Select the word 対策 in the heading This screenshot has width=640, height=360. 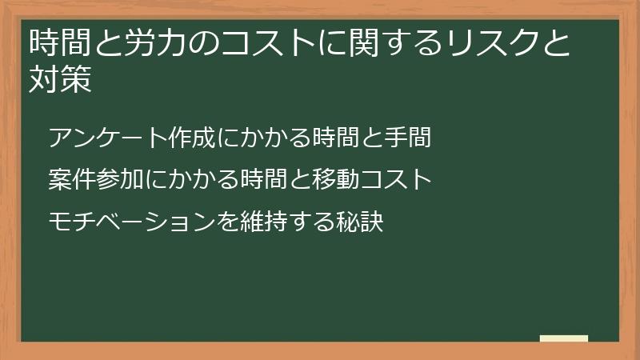tap(60, 81)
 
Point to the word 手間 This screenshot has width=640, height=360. tap(413, 138)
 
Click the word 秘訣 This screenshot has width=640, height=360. tap(366, 221)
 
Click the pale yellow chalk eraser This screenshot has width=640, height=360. tap(563, 338)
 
